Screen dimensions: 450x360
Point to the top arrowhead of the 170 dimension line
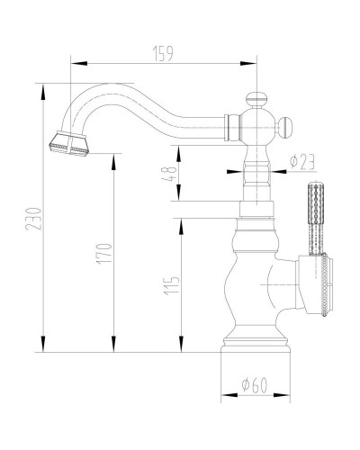[114, 156]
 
